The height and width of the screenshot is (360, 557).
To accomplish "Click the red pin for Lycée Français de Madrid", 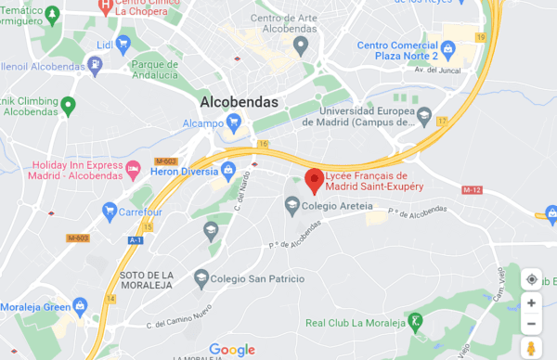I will point(314,179).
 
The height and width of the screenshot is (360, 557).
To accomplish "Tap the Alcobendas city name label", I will point(240,102).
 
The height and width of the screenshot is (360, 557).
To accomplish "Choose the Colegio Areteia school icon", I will point(291,204).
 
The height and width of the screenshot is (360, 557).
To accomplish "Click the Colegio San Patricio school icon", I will point(201,276).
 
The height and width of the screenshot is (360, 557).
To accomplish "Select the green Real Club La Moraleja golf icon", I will point(417,322).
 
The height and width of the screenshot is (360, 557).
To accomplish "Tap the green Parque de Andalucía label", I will point(154,70).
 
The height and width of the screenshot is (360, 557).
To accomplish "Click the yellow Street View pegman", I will point(531,348).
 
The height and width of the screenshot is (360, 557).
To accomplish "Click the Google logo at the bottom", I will point(232,349).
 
